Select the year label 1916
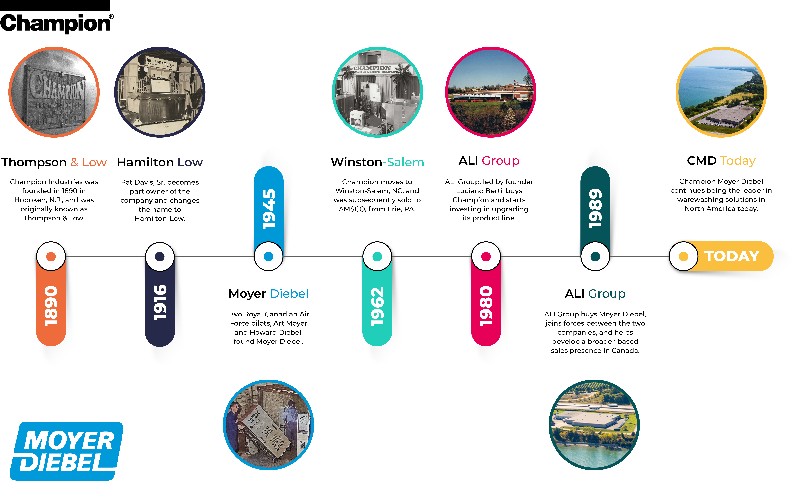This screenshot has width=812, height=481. point(160,302)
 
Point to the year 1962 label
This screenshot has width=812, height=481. point(377,306)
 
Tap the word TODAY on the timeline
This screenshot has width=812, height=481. point(732,256)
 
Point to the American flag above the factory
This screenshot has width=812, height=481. point(515,81)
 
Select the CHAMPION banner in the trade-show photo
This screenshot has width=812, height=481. point(372,69)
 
